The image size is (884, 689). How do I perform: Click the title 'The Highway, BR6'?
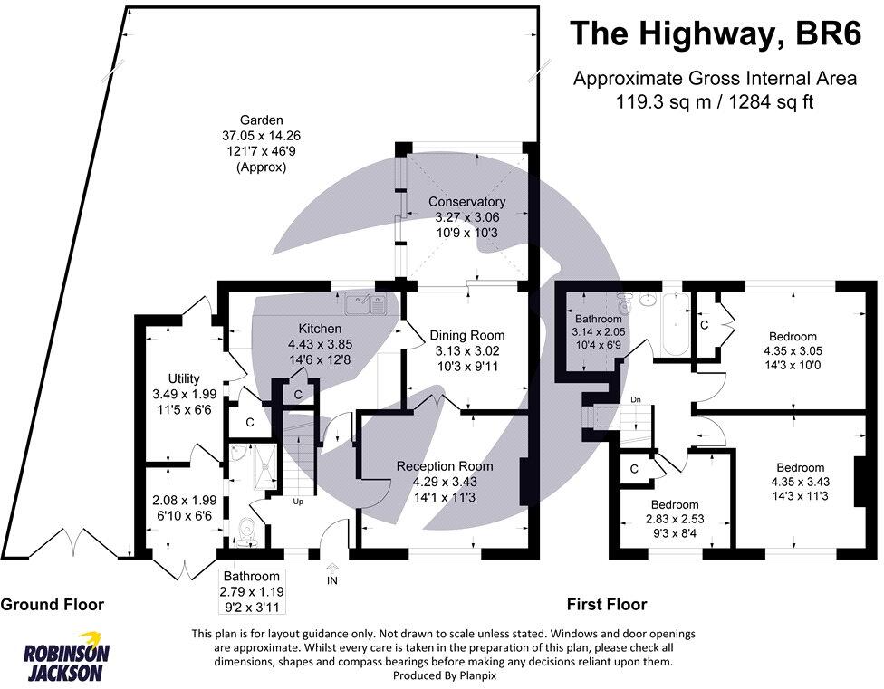tap(716, 33)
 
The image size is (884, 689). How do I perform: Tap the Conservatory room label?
tap(466, 202)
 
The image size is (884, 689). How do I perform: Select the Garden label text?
tap(262, 120)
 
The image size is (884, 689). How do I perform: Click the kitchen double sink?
tap(365, 305)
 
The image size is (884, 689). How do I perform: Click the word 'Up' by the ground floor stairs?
tap(298, 501)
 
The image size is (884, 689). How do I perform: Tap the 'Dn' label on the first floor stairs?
tap(636, 399)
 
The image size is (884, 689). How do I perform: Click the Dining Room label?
tap(467, 335)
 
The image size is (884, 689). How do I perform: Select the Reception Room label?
tap(445, 466)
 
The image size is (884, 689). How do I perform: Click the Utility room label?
tap(184, 378)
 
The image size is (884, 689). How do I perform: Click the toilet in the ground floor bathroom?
tap(246, 531)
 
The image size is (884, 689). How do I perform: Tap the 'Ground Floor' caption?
tap(53, 605)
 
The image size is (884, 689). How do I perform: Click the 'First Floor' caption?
tap(607, 605)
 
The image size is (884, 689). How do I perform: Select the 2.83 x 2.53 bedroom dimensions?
tap(675, 519)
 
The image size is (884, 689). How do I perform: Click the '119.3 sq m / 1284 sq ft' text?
tap(715, 102)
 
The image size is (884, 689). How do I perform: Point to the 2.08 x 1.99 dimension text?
tap(185, 501)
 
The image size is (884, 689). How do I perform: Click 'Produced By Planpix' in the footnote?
tap(444, 675)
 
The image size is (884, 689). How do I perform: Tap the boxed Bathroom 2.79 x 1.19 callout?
tap(252, 591)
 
